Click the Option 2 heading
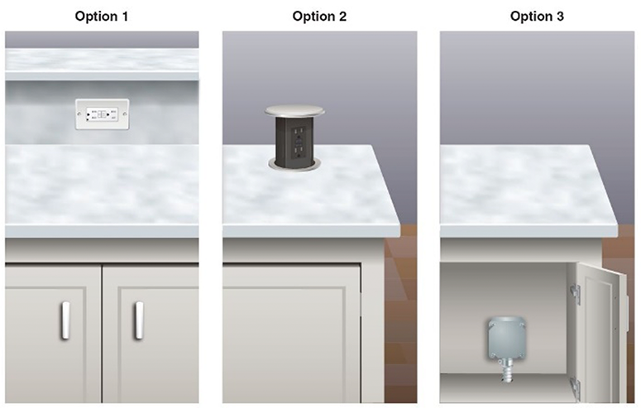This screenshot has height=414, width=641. click(319, 17)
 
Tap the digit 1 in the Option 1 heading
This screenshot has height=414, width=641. click(124, 17)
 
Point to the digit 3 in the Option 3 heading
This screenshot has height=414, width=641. click(560, 17)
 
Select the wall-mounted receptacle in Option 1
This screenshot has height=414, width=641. click(103, 114)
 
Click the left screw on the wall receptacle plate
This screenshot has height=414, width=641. click(79, 114)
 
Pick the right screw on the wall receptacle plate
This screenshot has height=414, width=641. click(125, 114)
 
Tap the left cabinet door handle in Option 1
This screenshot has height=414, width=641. click(65, 320)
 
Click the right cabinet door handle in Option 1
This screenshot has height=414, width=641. click(139, 320)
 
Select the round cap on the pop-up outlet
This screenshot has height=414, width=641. click(294, 110)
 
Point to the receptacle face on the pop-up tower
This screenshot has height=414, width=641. click(297, 142)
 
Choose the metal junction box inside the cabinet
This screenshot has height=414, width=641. click(506, 338)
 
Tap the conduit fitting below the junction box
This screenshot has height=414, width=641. click(506, 369)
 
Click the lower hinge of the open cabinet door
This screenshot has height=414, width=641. click(574, 388)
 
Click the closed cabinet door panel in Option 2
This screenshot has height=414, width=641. click(291, 335)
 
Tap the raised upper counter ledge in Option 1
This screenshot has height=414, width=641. click(102, 65)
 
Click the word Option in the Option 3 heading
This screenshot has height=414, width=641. click(531, 17)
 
